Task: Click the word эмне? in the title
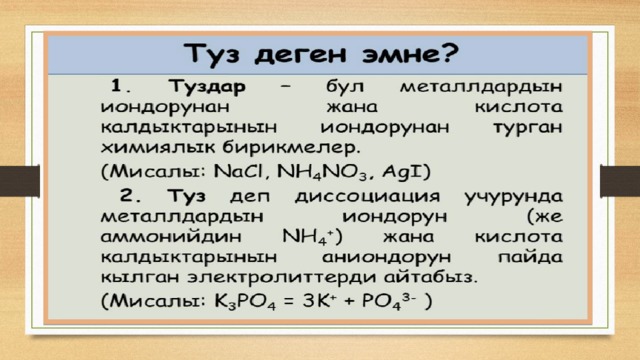click(411, 54)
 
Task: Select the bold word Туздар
click(207, 87)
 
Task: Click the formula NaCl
click(240, 171)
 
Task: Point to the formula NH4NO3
click(322, 172)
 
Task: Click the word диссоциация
click(367, 196)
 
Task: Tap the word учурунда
click(513, 197)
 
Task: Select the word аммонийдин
click(171, 237)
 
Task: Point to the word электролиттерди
click(282, 278)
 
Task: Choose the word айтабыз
click(430, 277)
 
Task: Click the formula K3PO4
click(244, 302)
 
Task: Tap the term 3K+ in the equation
click(320, 301)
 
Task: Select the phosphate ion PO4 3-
click(389, 302)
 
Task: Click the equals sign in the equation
click(289, 302)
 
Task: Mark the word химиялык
click(158, 148)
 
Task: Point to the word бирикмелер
click(291, 147)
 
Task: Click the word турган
click(528, 128)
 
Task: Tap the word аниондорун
click(387, 258)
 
